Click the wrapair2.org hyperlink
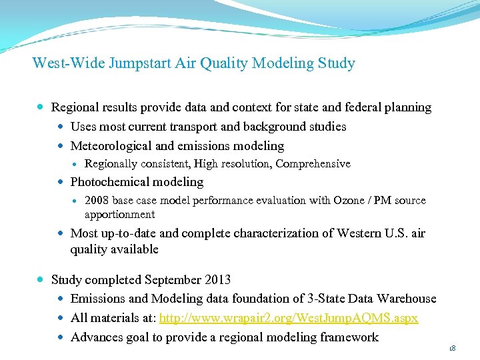[289, 318]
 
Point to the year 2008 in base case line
[97, 201]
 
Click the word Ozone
[345, 201]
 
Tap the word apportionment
[119, 215]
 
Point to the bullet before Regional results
[41, 107]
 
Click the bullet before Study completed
[41, 280]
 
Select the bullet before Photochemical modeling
[61, 182]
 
